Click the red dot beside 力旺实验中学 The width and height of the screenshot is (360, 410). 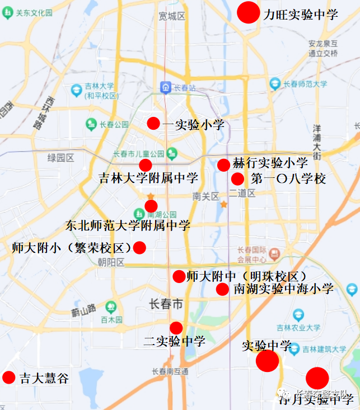point(248,12)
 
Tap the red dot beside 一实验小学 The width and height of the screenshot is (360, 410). point(153,124)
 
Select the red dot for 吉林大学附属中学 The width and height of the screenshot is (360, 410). point(146,165)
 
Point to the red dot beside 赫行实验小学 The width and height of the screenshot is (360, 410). point(223,164)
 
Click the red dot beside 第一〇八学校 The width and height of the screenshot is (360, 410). point(237,179)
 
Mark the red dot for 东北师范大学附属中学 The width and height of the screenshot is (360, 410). point(151,206)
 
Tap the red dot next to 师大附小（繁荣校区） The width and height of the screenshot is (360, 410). point(139,247)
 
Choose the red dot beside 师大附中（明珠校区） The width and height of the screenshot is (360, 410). point(179,276)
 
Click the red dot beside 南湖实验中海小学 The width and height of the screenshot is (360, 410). point(222,289)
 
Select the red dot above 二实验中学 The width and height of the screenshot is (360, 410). point(176,328)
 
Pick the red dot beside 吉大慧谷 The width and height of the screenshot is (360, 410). point(9,378)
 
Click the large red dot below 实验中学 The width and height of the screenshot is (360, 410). point(267,361)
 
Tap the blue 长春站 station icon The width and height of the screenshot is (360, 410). point(166,88)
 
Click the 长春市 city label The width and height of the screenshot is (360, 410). point(166,304)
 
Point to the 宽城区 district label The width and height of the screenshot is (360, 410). point(172,16)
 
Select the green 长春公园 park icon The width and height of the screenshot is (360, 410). point(90,124)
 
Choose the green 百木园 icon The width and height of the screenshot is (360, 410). point(110,307)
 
